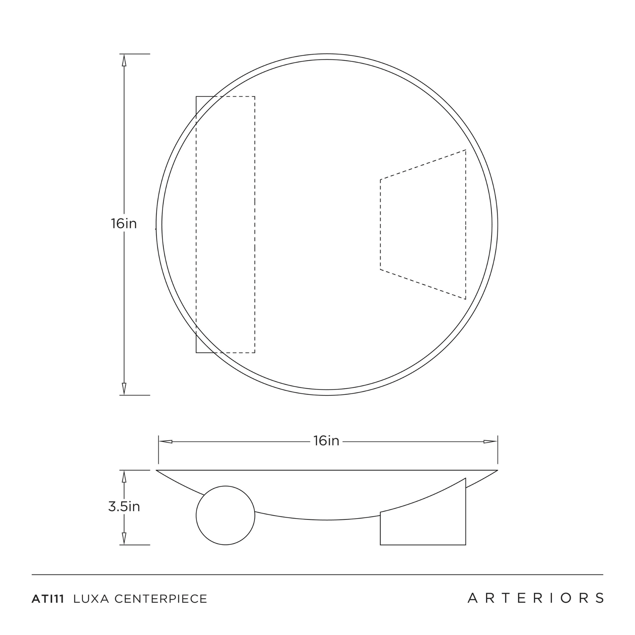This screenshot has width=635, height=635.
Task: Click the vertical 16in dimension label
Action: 124,224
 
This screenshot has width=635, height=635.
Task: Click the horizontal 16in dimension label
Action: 326,441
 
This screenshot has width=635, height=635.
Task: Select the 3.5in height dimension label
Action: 124,506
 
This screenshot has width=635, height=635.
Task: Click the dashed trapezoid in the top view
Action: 381,224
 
